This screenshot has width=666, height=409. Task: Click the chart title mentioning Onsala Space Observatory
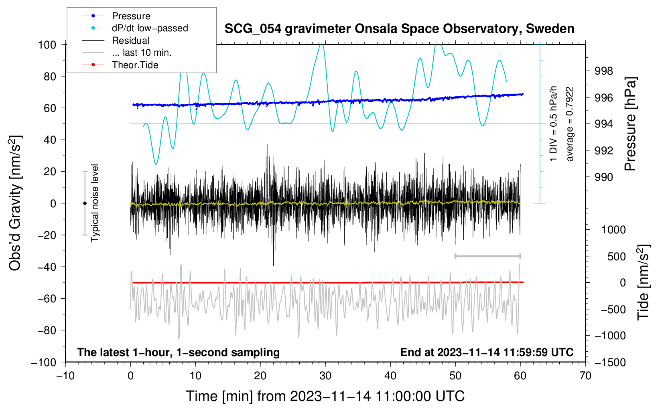point(399,29)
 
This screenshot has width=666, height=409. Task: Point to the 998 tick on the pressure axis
point(604,71)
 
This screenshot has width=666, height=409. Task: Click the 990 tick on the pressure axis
point(604,177)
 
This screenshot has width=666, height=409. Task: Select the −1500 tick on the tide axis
point(610,362)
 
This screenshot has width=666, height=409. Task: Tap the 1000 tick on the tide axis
point(613,230)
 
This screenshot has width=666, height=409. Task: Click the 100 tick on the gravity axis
point(47,45)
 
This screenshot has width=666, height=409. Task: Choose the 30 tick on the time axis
point(325,376)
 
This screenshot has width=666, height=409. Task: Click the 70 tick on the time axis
point(585,376)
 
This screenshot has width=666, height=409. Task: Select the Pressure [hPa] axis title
point(630,124)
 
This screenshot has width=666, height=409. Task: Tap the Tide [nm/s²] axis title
point(643,282)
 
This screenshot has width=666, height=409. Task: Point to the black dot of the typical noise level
point(85,203)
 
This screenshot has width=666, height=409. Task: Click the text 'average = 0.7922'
point(569,124)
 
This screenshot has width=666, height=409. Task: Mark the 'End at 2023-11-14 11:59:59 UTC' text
point(487,352)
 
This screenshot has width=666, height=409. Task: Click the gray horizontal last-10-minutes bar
point(487,256)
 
